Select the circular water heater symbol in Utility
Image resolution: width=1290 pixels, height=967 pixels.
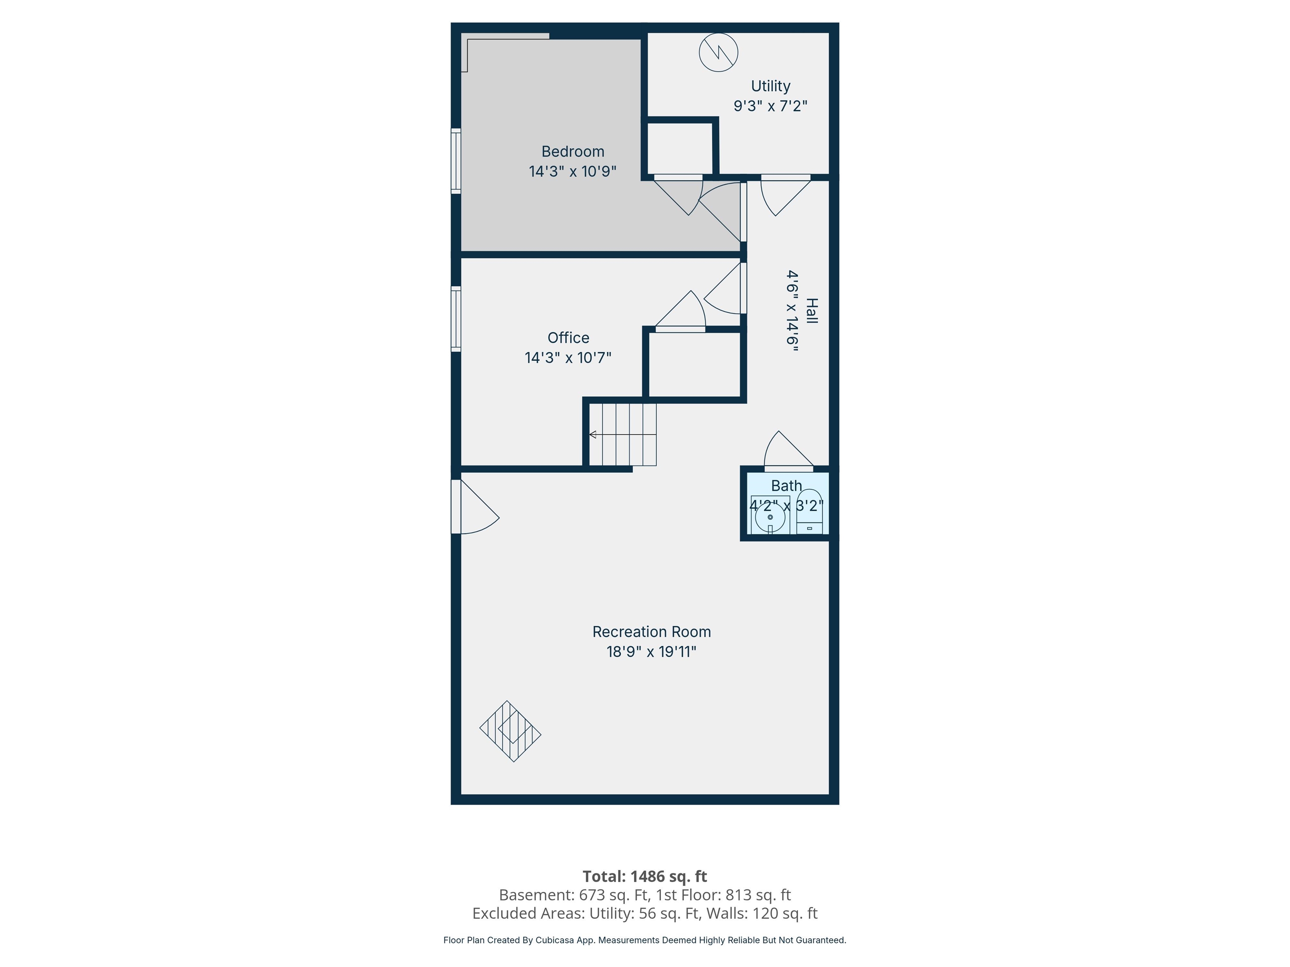click(x=718, y=52)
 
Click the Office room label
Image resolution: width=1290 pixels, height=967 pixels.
click(x=568, y=337)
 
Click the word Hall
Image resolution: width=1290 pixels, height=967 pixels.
click(x=811, y=311)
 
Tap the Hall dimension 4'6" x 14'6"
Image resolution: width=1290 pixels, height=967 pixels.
click(x=792, y=311)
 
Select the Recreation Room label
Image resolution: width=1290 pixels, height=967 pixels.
click(x=651, y=632)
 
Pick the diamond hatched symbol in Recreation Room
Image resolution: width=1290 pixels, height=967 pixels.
click(x=510, y=731)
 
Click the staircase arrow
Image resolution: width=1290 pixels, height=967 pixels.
click(x=593, y=434)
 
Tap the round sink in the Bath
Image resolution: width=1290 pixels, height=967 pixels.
click(x=770, y=517)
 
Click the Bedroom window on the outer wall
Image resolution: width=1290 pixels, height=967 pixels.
click(x=456, y=161)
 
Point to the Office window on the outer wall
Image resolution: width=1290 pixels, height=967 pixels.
click(x=456, y=319)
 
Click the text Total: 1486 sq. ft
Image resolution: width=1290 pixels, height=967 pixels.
click(x=645, y=876)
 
